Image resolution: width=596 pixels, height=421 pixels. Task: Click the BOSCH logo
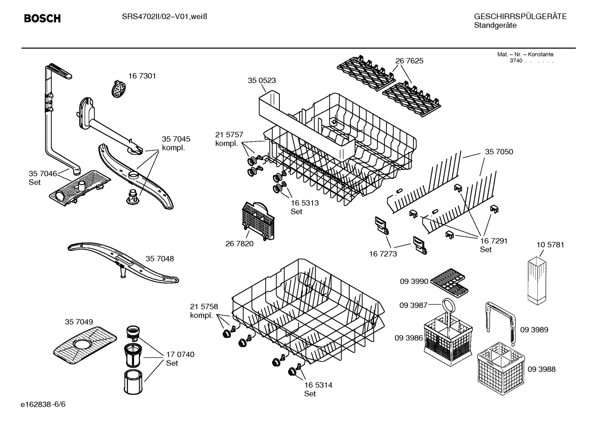coord(42,19)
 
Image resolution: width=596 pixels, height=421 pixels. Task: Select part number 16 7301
coord(142,76)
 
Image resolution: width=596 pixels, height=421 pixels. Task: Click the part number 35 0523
coord(262,81)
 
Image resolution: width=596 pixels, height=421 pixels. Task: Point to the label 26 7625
coord(409,61)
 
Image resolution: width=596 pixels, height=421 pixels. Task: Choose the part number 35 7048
coord(160,259)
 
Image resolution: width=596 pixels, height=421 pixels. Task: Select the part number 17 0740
coord(180,354)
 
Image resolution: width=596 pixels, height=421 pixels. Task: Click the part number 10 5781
coord(550,245)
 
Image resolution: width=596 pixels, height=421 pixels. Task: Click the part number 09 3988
coord(541,369)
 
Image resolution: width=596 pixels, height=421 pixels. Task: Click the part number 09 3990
coord(414,281)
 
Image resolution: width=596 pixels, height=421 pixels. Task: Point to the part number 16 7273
coord(383,254)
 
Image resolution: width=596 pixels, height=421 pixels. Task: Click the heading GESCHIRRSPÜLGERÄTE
coord(520,17)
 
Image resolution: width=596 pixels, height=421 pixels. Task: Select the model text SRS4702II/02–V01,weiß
coord(164,17)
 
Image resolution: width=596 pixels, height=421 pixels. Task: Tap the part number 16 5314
coord(318,385)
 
